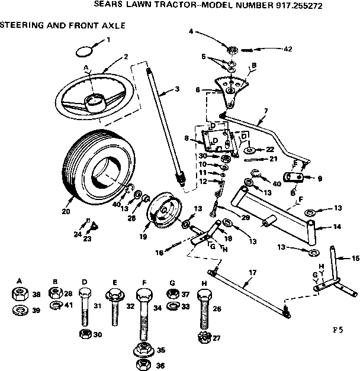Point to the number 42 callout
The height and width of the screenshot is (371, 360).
(288, 49)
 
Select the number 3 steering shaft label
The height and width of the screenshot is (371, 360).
(177, 89)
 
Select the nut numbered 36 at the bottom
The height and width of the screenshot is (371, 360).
(142, 364)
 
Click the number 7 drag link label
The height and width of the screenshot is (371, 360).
(266, 111)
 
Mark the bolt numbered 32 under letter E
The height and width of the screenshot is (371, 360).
(114, 302)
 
